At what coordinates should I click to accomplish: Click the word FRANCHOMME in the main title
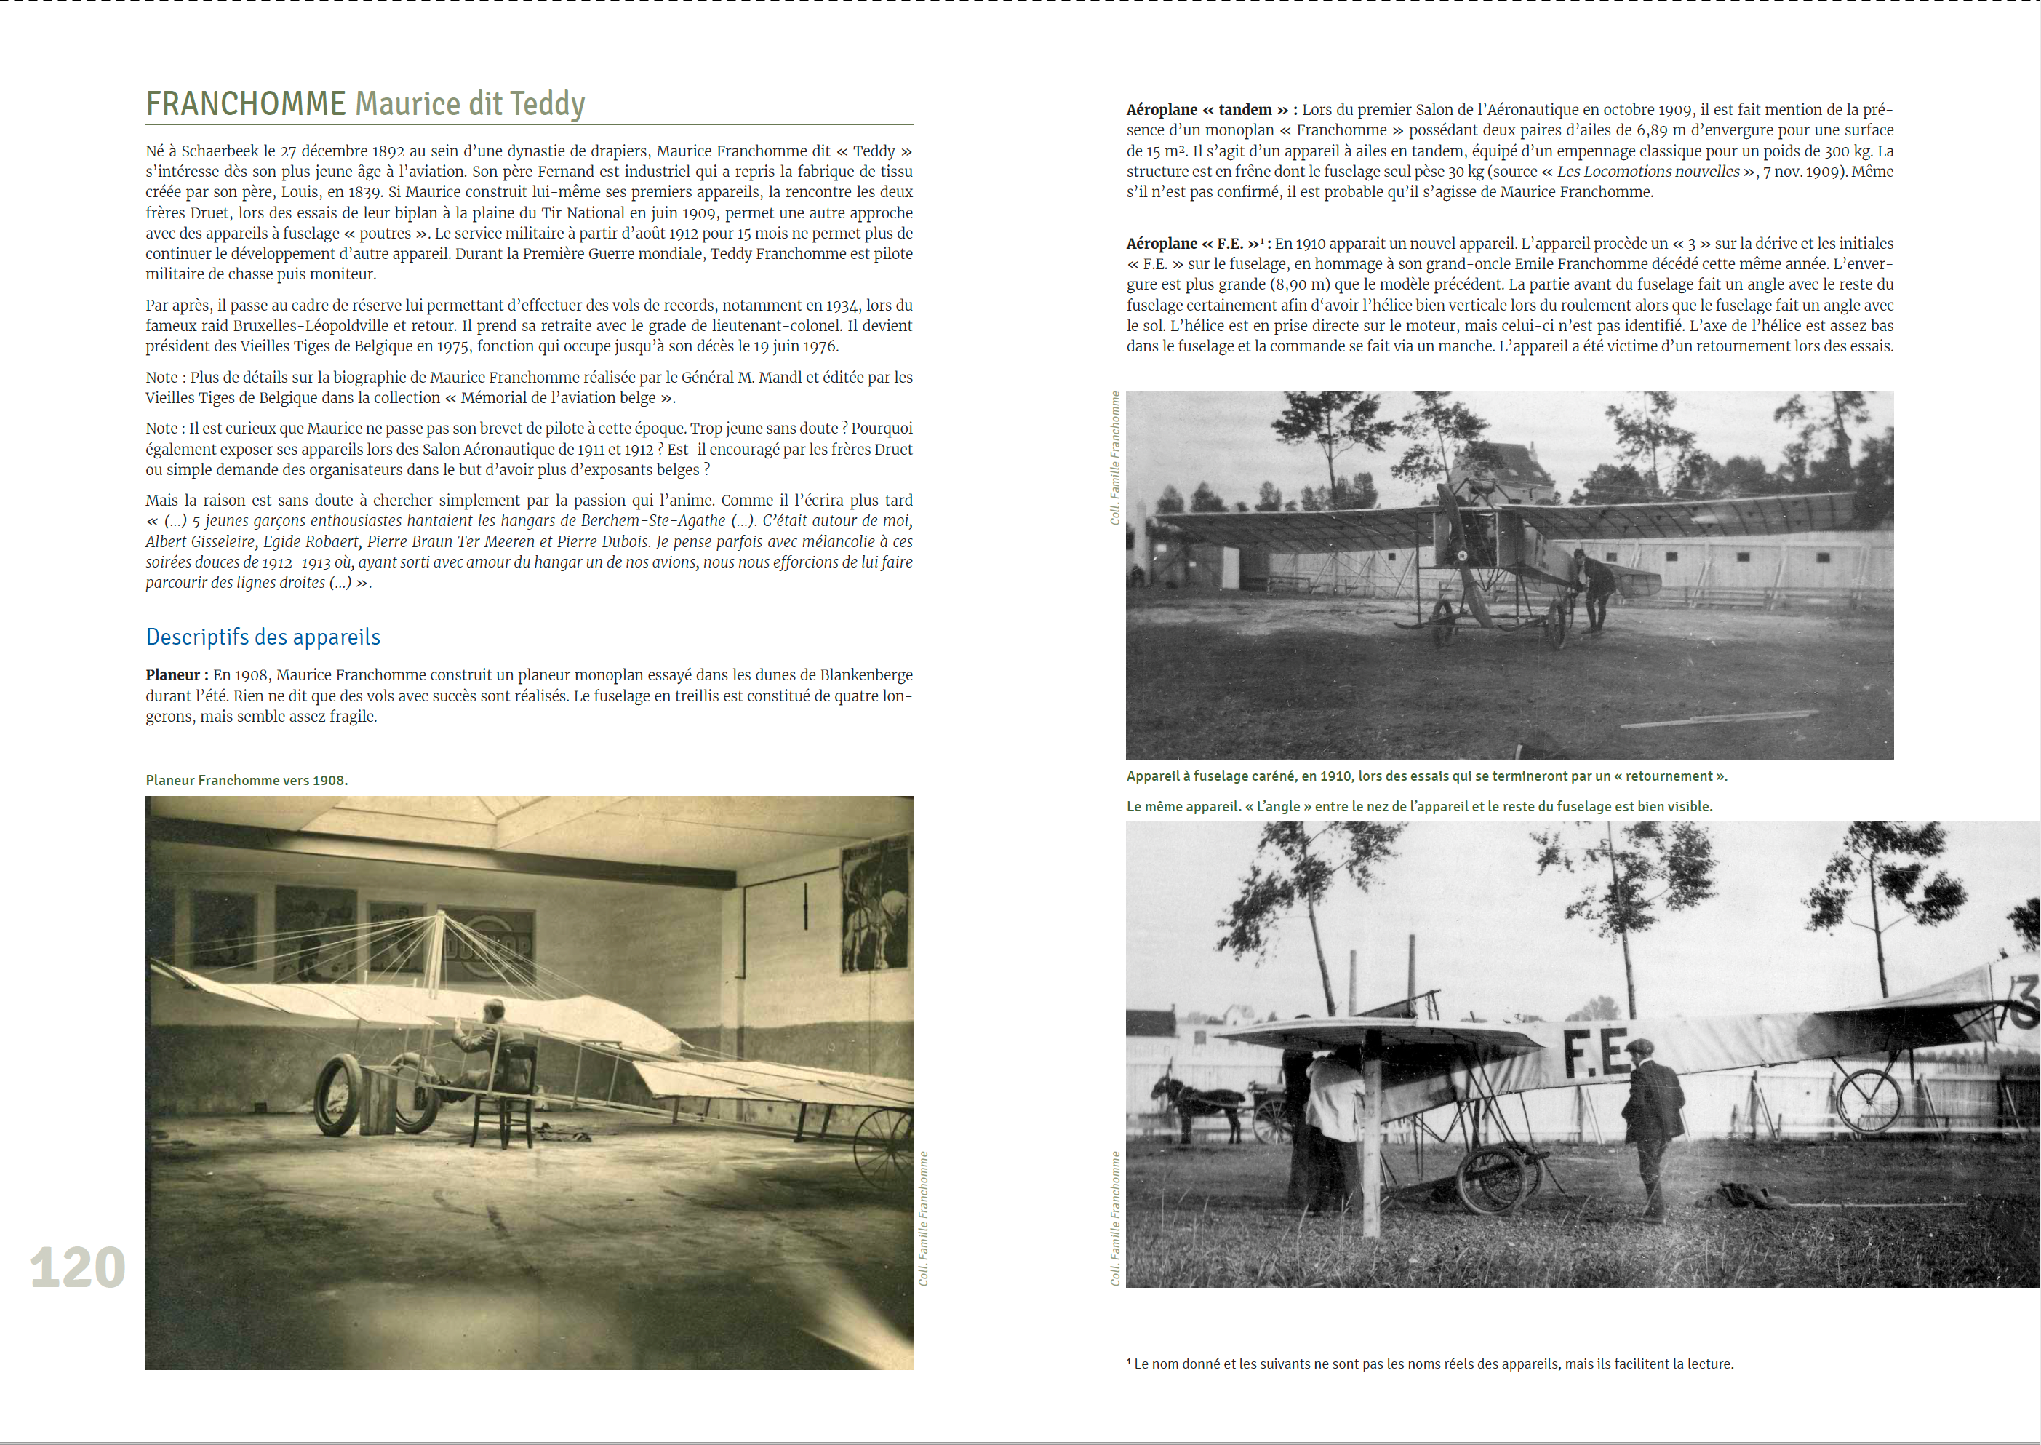pyautogui.click(x=245, y=104)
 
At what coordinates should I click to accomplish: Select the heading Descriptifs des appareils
pyautogui.click(x=263, y=637)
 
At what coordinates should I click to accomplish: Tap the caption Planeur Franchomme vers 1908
pyautogui.click(x=247, y=780)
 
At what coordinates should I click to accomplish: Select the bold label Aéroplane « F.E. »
pyautogui.click(x=1194, y=244)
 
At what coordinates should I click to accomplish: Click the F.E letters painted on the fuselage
pyautogui.click(x=1597, y=1053)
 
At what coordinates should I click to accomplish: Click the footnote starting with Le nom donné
pyautogui.click(x=1430, y=1364)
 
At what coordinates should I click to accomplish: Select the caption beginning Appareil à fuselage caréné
pyautogui.click(x=1426, y=776)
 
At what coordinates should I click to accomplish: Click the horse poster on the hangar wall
pyautogui.click(x=875, y=909)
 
